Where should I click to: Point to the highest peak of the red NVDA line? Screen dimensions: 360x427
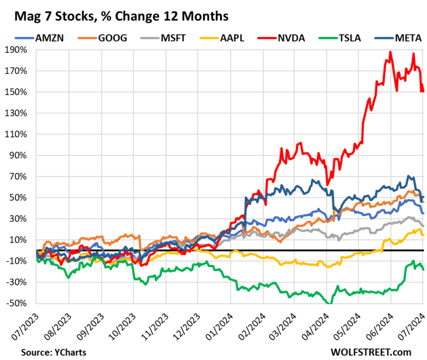(x=391, y=52)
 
